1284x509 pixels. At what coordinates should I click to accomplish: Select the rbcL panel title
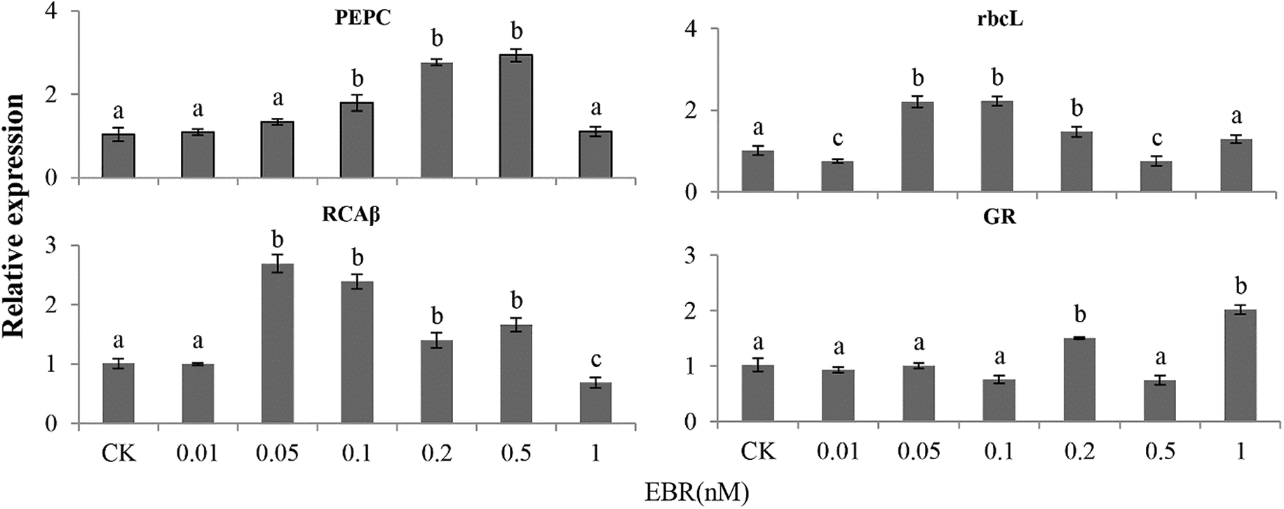click(999, 20)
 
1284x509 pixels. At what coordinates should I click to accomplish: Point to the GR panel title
click(999, 218)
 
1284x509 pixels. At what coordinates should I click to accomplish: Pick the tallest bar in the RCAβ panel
click(277, 343)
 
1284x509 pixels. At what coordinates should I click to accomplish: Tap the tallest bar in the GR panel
click(1238, 365)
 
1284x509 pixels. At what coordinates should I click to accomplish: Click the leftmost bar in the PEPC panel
click(119, 156)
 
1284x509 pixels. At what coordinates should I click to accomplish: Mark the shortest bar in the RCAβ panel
click(595, 402)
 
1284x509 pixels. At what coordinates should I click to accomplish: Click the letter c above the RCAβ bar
click(595, 360)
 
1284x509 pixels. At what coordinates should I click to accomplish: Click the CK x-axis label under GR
click(758, 451)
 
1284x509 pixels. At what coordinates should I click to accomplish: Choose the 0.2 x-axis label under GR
click(1079, 451)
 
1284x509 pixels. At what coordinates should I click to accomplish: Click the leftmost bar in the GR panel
click(758, 393)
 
